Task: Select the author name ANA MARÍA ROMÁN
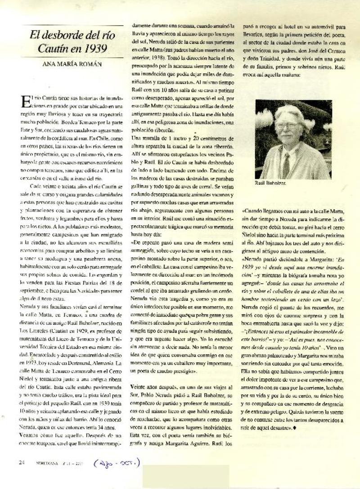pyautogui.click(x=72, y=64)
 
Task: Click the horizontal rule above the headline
pyautogui.click(x=72, y=26)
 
